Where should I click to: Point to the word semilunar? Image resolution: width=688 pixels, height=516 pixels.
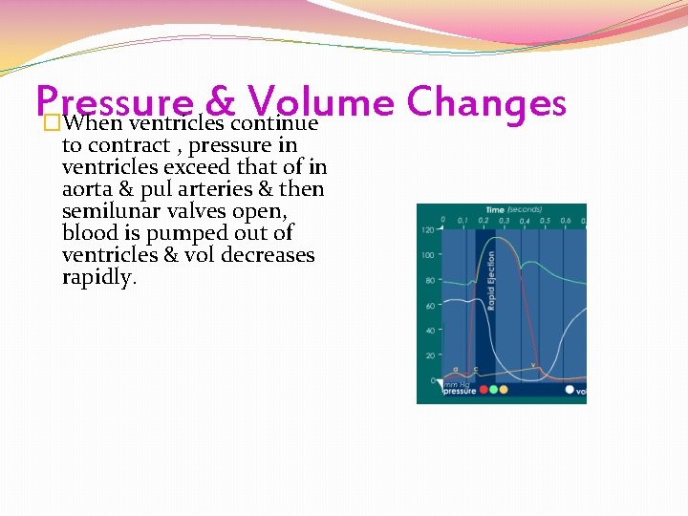(x=107, y=211)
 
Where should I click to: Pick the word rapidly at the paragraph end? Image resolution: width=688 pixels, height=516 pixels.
(x=99, y=277)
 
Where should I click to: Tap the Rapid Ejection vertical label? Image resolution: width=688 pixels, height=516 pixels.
(x=492, y=280)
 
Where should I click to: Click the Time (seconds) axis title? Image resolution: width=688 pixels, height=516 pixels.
(x=513, y=209)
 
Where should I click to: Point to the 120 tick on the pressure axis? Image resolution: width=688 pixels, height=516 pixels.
(x=428, y=230)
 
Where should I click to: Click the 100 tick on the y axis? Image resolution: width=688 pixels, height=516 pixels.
(x=428, y=255)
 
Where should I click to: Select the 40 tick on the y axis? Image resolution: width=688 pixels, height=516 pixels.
(x=430, y=331)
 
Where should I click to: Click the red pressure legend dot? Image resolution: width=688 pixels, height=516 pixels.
(x=484, y=390)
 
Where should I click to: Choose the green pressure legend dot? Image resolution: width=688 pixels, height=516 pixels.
(x=493, y=390)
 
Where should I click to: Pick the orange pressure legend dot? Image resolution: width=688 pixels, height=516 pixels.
(x=503, y=390)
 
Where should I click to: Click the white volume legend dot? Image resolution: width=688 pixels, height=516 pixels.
(x=570, y=390)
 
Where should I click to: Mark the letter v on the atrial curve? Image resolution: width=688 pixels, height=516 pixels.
(x=532, y=365)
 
